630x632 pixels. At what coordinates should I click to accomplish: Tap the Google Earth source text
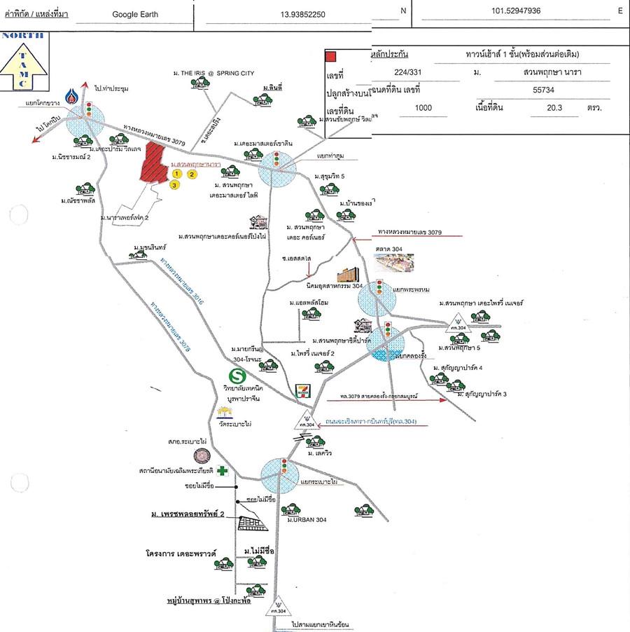coord(135,13)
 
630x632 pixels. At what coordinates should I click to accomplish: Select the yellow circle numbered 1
coord(177,173)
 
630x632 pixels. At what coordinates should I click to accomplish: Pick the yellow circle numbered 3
coord(174,185)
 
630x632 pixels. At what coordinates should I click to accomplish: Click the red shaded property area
coord(153,165)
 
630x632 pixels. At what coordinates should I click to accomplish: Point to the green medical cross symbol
coord(222,471)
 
